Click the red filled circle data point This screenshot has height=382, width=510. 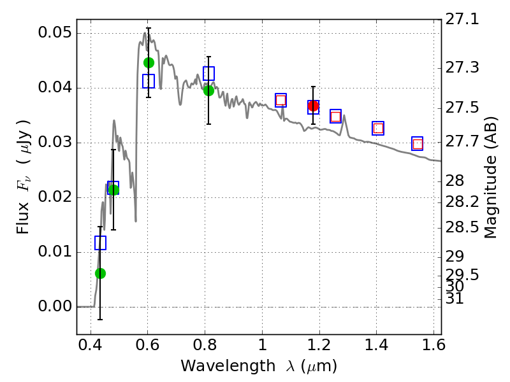(x=313, y=106)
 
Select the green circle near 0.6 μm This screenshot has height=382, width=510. (x=149, y=62)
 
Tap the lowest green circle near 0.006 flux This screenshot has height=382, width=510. (x=100, y=273)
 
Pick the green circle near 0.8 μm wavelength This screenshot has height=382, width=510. (x=208, y=90)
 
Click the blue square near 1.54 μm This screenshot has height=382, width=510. (x=418, y=144)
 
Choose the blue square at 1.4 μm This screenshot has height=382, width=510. (x=378, y=128)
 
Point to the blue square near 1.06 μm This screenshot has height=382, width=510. (x=280, y=100)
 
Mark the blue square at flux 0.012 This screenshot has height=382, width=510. (x=100, y=243)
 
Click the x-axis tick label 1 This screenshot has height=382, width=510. (x=261, y=348)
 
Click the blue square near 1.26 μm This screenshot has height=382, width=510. (x=335, y=117)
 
